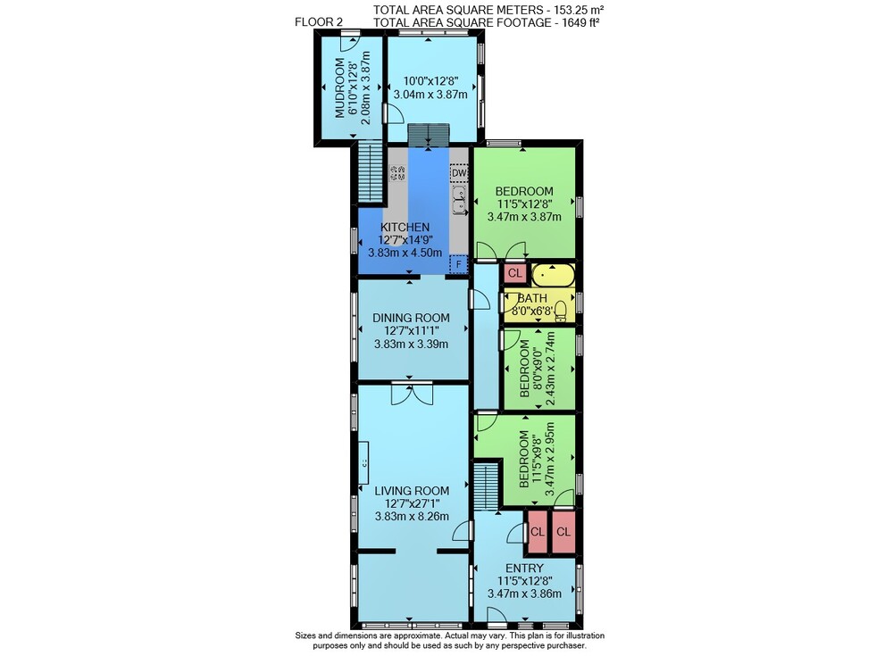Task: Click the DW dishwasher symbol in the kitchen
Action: (x=459, y=173)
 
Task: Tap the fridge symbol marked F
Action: (x=458, y=264)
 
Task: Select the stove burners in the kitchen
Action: (x=397, y=173)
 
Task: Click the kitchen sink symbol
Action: (x=459, y=201)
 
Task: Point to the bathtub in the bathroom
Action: (x=553, y=275)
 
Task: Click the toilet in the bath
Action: (x=562, y=310)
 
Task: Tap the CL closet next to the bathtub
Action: (x=515, y=273)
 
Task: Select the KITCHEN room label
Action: (x=405, y=228)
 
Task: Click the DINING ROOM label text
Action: (x=411, y=318)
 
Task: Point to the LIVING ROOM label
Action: (x=412, y=491)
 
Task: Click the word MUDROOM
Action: (x=340, y=88)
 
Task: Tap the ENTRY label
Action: (x=524, y=569)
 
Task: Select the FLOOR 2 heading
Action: (x=319, y=22)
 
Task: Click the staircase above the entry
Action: (x=487, y=487)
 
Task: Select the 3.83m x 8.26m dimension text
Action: (x=412, y=517)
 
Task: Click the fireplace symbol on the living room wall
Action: (x=363, y=462)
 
